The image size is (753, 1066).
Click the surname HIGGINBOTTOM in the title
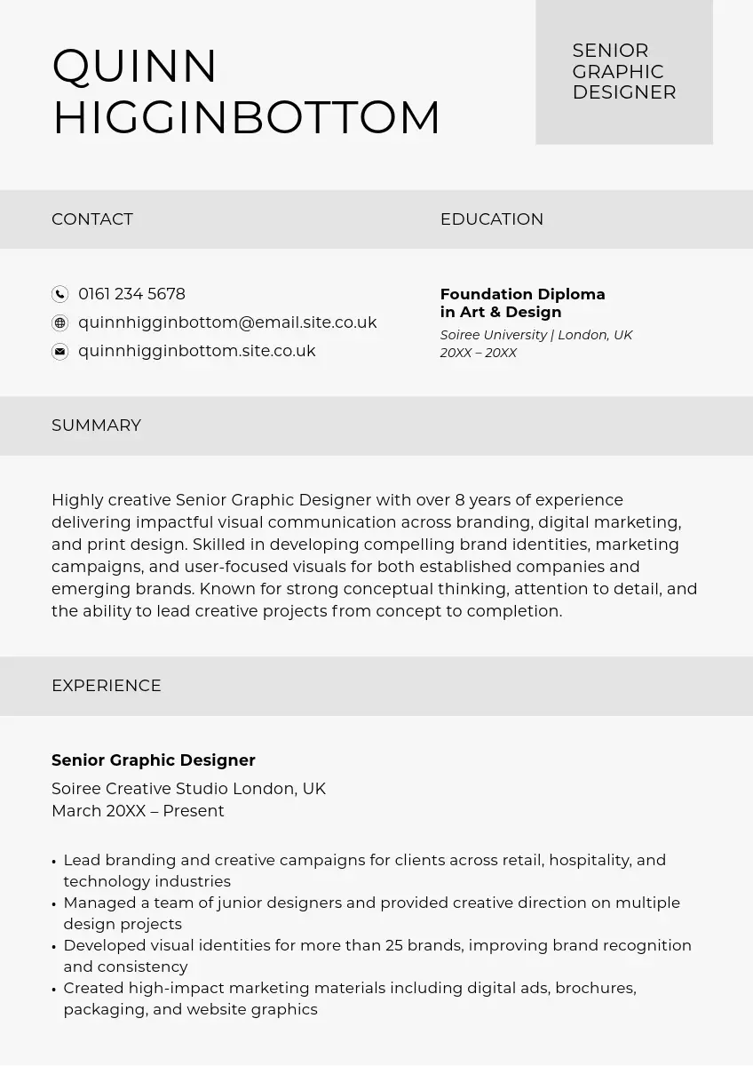pos(246,118)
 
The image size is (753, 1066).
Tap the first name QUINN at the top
pos(135,67)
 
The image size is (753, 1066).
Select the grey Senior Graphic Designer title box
pos(623,72)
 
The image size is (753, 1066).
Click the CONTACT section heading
pos(92,219)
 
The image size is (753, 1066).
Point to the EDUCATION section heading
pos(491,219)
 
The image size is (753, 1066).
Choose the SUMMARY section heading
pos(96,426)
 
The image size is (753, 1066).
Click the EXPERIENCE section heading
pos(107,686)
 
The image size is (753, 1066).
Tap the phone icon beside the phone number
pos(59,294)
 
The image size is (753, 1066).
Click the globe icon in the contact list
pos(59,322)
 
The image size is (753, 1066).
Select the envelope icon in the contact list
pos(59,352)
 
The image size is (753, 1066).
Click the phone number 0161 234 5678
pos(131,294)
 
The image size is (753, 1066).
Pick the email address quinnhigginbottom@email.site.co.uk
pos(227,322)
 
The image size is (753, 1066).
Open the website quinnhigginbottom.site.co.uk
pos(196,351)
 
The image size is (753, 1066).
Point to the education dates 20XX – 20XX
pos(478,353)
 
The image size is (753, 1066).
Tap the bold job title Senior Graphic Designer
pos(154,760)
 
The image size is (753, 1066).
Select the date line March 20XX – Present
pos(138,811)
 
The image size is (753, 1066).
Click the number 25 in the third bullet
pos(394,945)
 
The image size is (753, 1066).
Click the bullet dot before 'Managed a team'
pos(54,904)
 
